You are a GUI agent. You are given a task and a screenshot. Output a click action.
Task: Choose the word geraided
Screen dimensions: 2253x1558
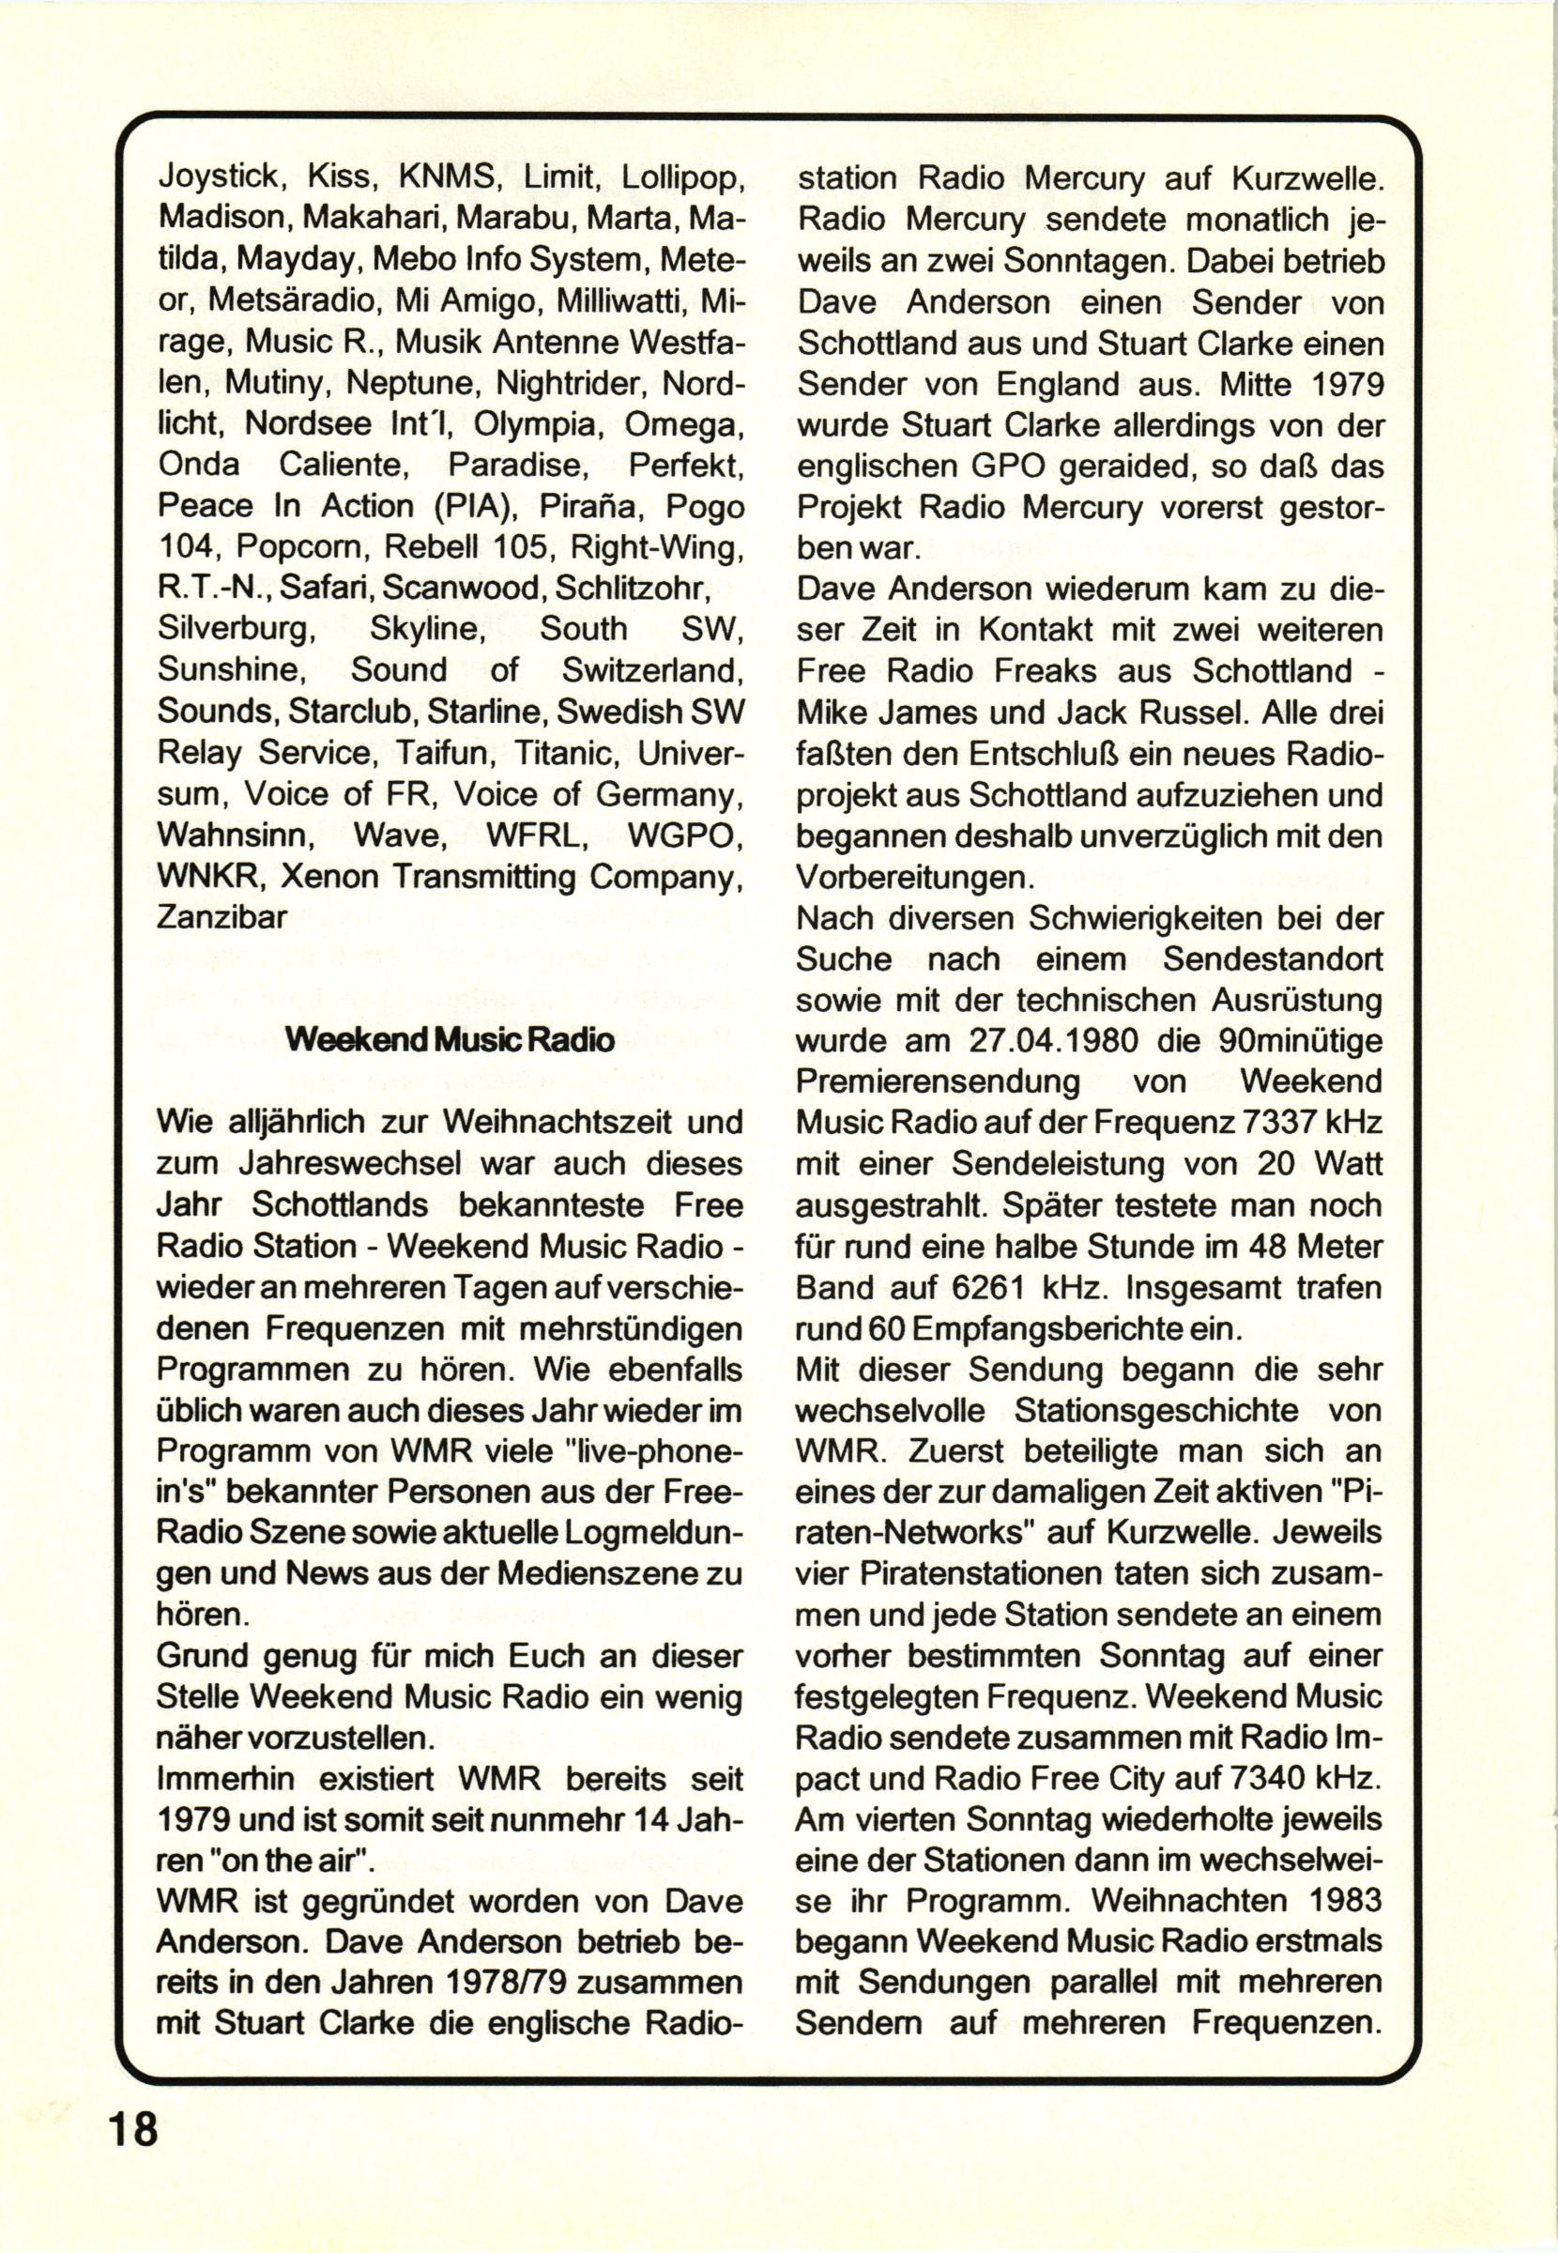(1050, 467)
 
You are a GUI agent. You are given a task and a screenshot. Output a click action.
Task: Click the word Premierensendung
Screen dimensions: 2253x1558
(939, 1081)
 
